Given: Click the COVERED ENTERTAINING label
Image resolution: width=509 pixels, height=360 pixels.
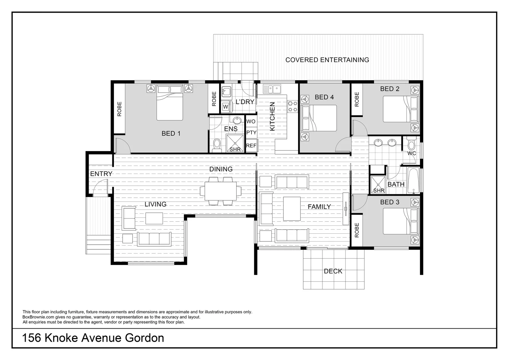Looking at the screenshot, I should tap(327, 60).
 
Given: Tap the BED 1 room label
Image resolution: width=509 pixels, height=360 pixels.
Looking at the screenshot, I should tap(171, 134).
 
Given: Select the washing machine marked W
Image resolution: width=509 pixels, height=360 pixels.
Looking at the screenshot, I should tap(226, 107).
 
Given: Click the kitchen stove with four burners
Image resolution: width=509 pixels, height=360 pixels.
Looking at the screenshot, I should tap(292, 106).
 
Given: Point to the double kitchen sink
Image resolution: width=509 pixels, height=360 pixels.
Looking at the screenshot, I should tap(272, 89).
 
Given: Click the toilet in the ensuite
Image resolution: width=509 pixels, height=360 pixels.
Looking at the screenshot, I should tap(217, 145).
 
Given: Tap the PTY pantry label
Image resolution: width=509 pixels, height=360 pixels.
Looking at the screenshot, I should tap(251, 133).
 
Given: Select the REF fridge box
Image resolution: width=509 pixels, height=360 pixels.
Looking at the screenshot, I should tap(251, 146).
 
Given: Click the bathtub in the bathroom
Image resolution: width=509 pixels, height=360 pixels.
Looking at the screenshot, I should tap(413, 180).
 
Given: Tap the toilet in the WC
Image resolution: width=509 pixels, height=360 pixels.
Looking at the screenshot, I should tap(411, 144).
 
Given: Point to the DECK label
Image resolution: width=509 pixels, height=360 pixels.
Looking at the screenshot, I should tap(333, 271).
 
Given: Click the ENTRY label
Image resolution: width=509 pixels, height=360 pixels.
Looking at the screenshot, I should tap(101, 174).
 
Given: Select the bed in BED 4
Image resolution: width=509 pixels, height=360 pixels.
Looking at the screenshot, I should tap(319, 118).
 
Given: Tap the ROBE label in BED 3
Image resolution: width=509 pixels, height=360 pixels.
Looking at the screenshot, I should tap(357, 230).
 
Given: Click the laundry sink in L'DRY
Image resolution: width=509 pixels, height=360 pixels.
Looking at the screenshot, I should tap(227, 91).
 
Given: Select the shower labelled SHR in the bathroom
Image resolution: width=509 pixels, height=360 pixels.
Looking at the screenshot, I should tap(378, 185).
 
